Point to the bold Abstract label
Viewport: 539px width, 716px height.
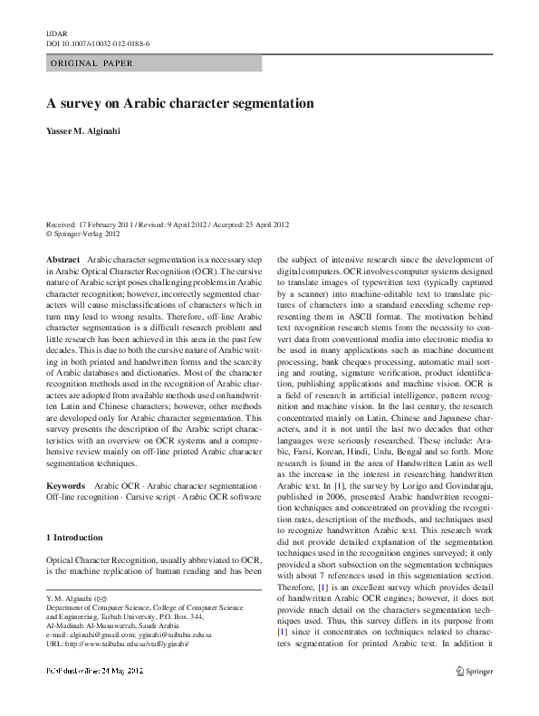click(x=61, y=259)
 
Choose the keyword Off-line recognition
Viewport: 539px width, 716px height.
click(x=82, y=495)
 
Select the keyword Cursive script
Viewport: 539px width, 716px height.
click(x=160, y=495)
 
